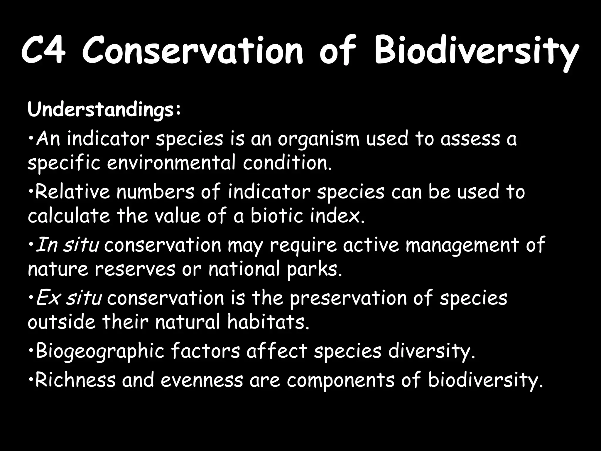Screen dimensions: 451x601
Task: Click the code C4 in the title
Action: tap(43, 52)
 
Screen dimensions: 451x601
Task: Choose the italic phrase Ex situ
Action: tap(69, 298)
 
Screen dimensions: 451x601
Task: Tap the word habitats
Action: tap(268, 322)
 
